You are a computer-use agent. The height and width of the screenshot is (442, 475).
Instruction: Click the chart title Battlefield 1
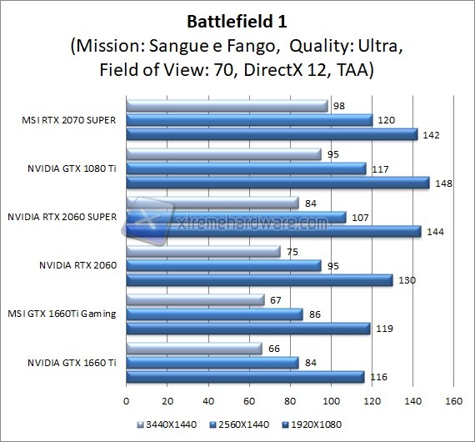tap(237, 18)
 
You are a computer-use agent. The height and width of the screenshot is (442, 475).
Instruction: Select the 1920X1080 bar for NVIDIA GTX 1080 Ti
tap(277, 183)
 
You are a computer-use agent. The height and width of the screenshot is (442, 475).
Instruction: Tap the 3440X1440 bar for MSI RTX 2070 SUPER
tap(227, 106)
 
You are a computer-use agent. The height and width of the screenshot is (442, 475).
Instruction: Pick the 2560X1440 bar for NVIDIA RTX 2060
tap(223, 266)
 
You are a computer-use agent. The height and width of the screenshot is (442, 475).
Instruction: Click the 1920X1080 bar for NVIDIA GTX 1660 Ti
tap(245, 377)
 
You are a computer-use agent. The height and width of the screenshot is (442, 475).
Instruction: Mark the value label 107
tap(360, 217)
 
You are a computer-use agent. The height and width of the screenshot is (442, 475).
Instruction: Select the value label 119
tap(384, 329)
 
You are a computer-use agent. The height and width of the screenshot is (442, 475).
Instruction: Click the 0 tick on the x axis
tap(126, 400)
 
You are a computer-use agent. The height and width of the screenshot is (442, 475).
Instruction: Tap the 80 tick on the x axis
tap(289, 400)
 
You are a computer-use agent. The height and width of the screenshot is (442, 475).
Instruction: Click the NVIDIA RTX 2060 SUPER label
tap(62, 217)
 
